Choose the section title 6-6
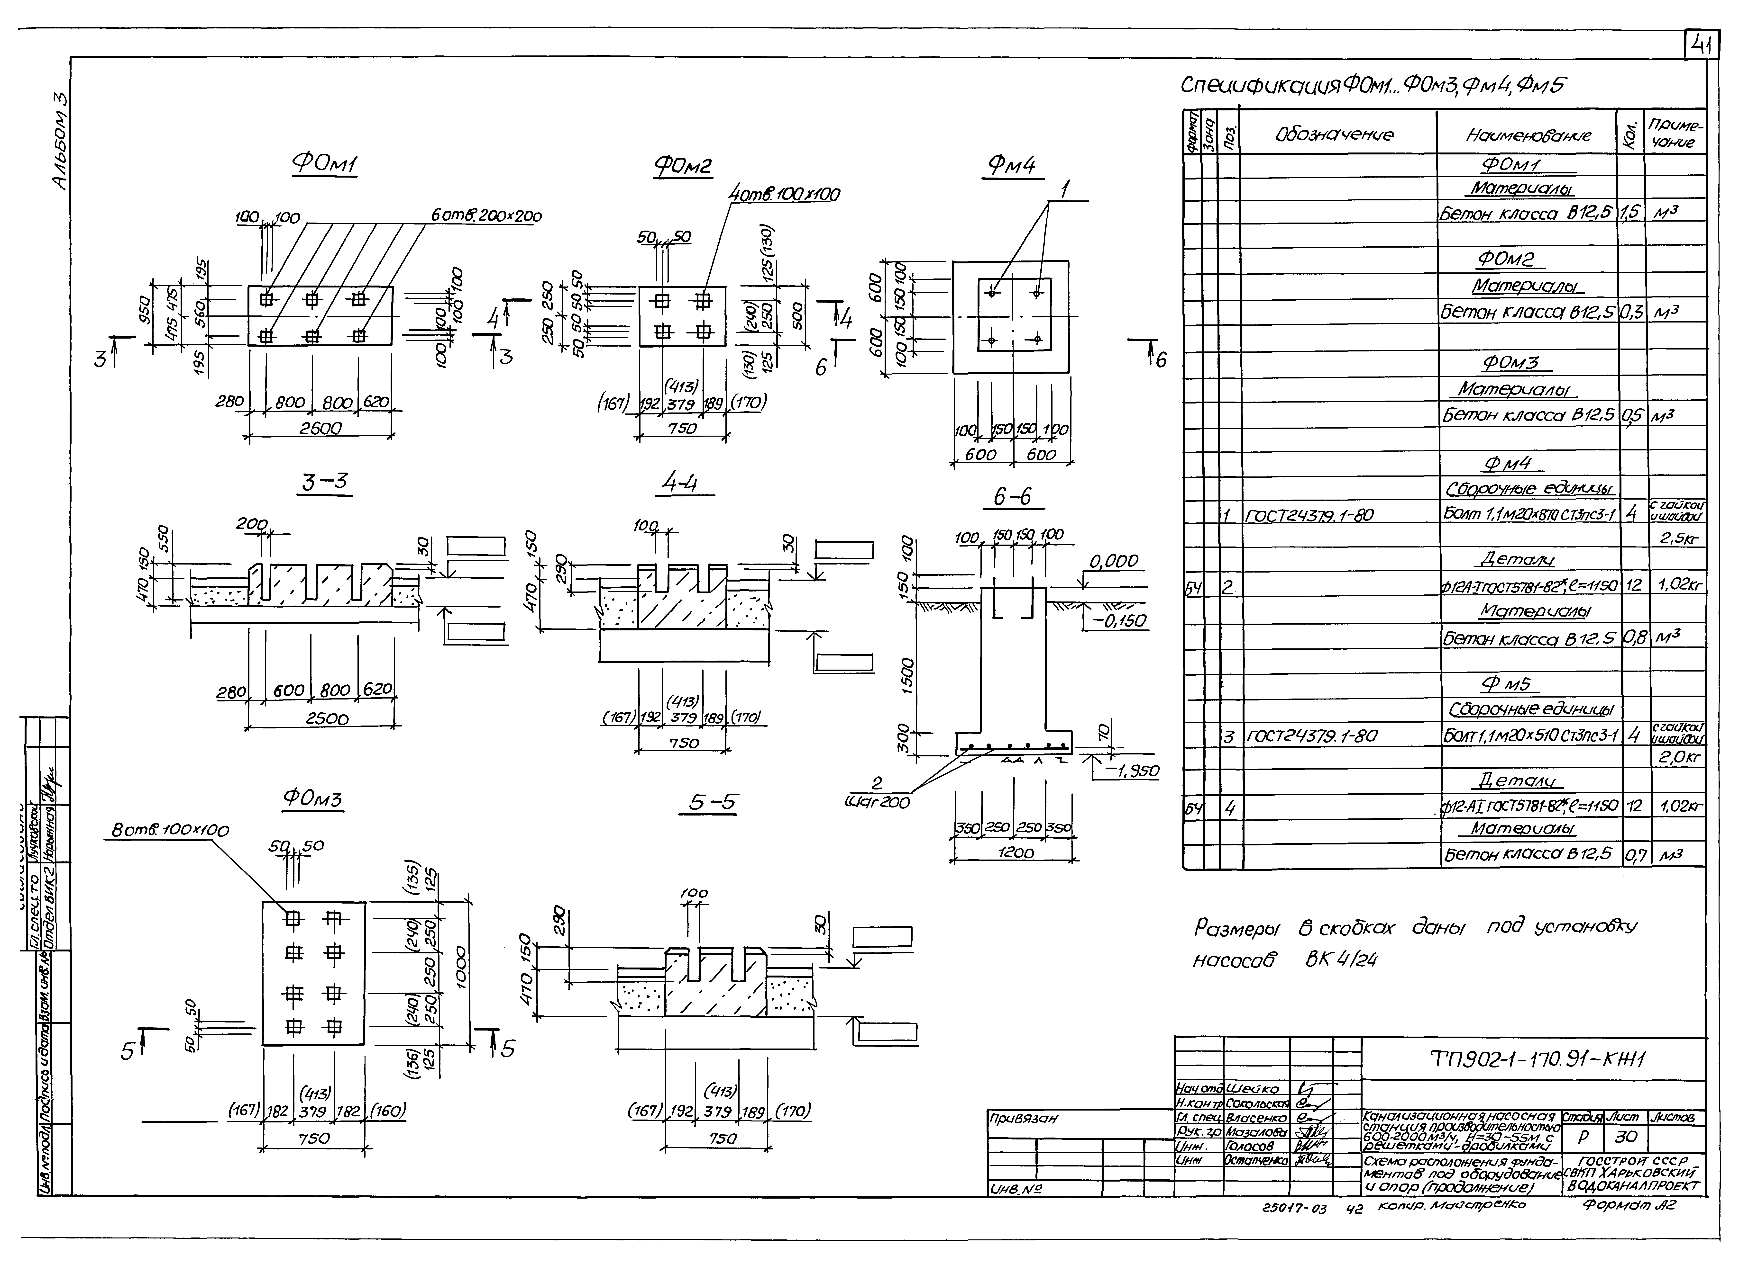coord(1012,497)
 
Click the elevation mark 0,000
coord(1114,562)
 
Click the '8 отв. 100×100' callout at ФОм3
coord(170,830)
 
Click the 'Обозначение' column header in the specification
coord(1334,135)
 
